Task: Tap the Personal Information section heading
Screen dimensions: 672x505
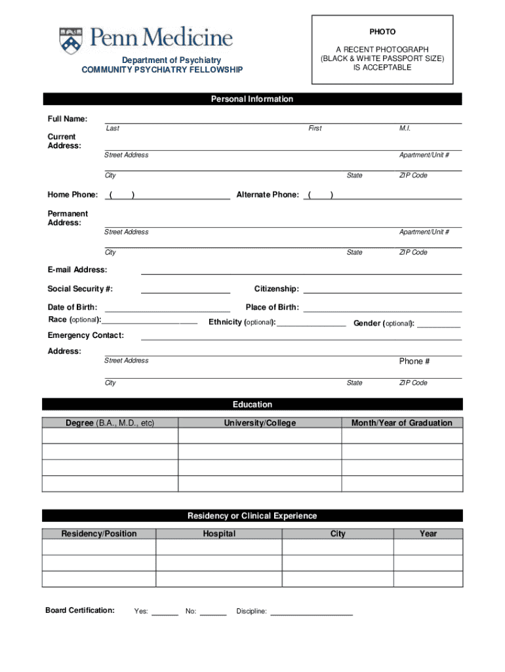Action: coord(252,99)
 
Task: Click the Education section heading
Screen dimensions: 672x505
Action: coord(252,404)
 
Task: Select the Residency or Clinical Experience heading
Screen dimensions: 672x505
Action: coord(252,516)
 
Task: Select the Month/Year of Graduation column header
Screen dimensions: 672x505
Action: coord(401,423)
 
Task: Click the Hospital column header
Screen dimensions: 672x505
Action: coord(219,534)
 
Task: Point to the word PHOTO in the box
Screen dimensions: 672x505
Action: coord(382,31)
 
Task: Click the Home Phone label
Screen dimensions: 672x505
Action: coord(72,195)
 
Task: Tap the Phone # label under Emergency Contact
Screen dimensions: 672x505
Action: coord(414,362)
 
